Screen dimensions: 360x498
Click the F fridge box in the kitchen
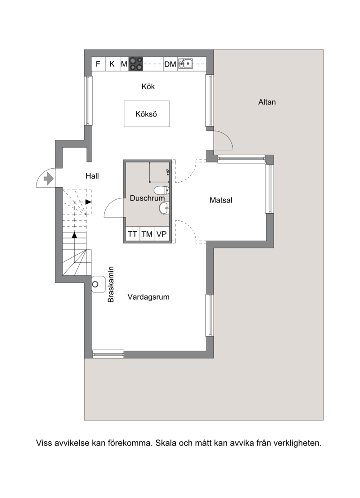pyautogui.click(x=98, y=64)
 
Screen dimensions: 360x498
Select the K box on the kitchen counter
pyautogui.click(x=112, y=64)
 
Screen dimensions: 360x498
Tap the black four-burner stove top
pyautogui.click(x=136, y=63)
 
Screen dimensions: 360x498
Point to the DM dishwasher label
pyautogui.click(x=170, y=64)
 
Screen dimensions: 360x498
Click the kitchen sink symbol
pyautogui.click(x=185, y=63)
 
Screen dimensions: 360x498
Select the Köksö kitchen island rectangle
pyautogui.click(x=147, y=114)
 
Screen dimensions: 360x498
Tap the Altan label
pyautogui.click(x=267, y=102)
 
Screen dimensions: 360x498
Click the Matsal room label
pyautogui.click(x=221, y=200)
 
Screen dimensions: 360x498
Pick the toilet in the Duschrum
pyautogui.click(x=162, y=191)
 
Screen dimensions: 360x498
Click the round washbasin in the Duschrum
pyautogui.click(x=164, y=208)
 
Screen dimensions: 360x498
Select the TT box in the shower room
pyautogui.click(x=132, y=234)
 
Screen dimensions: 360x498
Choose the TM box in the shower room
pyautogui.click(x=147, y=234)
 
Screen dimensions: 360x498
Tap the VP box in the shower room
pyautogui.click(x=162, y=234)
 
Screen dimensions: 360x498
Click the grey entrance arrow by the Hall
pyautogui.click(x=48, y=178)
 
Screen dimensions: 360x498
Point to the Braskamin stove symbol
pyautogui.click(x=98, y=284)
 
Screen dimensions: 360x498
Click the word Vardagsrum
pyautogui.click(x=148, y=297)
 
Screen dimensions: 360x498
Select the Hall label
pyautogui.click(x=92, y=176)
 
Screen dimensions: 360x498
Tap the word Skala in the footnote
pyautogui.click(x=166, y=443)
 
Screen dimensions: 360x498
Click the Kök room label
pyautogui.click(x=148, y=86)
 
